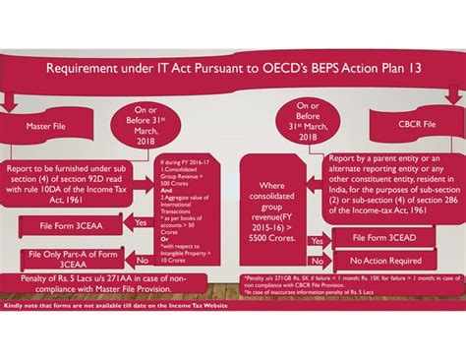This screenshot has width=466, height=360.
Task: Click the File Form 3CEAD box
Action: (386, 237)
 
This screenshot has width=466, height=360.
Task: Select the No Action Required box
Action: (386, 263)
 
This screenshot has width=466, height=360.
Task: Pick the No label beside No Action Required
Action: (316, 263)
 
